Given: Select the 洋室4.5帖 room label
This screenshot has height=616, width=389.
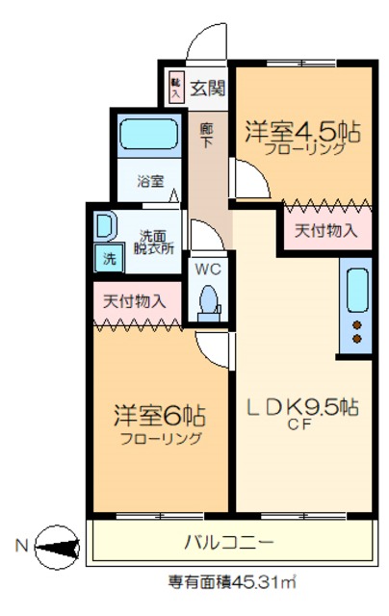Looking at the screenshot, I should tap(301, 132).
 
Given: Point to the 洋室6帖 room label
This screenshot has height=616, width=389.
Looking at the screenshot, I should tap(161, 417).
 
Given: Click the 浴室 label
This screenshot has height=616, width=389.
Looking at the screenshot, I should tap(149, 180).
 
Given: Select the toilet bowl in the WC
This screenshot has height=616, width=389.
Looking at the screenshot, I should tap(208, 301).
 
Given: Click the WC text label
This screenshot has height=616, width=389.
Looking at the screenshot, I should tap(209, 269).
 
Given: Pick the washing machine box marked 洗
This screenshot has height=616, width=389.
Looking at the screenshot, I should tap(108, 257).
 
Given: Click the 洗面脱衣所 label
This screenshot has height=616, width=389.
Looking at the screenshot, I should tap(154, 242).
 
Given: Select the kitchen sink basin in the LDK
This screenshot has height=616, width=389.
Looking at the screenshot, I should tap(356, 290).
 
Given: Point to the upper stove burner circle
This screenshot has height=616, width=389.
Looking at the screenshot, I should tap(357, 323).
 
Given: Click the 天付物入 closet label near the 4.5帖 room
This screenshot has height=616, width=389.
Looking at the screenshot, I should tap(326, 230).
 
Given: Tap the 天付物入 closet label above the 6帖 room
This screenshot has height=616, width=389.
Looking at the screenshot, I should tap(135, 300).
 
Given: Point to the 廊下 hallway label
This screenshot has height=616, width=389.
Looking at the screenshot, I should tap(206, 136).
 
